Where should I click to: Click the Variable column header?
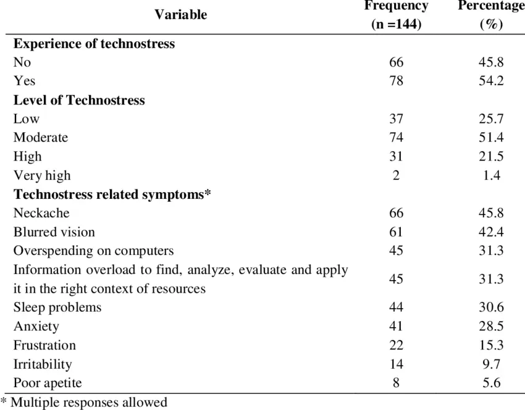(181, 15)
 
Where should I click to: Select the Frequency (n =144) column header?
(396, 15)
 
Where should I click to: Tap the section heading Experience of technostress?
(94, 44)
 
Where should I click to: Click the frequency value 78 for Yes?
(396, 81)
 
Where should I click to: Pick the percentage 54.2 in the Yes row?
(491, 81)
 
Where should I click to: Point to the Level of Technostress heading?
(79, 100)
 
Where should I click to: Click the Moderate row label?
(41, 137)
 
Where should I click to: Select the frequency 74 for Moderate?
(396, 137)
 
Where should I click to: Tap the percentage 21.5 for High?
(491, 156)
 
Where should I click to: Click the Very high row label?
(42, 175)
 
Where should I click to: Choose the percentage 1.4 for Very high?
(492, 175)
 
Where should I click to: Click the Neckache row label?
(41, 213)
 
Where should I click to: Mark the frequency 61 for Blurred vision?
(396, 232)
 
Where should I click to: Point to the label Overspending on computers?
(93, 251)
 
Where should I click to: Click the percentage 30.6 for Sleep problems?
(491, 307)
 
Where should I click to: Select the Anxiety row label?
(36, 326)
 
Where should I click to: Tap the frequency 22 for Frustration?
(396, 345)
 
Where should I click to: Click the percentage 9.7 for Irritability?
(492, 364)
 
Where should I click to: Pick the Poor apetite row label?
(48, 383)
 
